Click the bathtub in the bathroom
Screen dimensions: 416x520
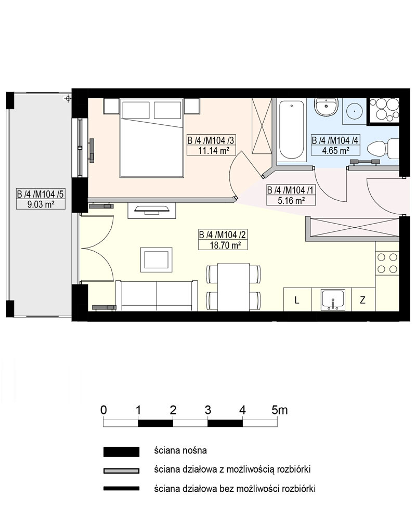tap(292, 131)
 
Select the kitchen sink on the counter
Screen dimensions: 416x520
tap(333, 299)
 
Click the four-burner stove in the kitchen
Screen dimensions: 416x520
tap(387, 263)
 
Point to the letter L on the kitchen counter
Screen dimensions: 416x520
tap(297, 301)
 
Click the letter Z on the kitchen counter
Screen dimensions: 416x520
tap(362, 300)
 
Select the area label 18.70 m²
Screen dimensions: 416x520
tap(223, 245)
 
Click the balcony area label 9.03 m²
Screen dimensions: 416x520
tap(41, 204)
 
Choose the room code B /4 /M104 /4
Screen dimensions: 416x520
tap(335, 140)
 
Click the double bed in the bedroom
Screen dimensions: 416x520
tap(152, 138)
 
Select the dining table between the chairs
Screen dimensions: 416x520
tap(233, 287)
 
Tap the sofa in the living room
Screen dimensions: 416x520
tap(157, 295)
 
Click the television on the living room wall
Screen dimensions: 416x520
tap(152, 209)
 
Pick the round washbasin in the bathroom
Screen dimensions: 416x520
tap(355, 110)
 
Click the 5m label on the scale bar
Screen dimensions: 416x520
tap(279, 410)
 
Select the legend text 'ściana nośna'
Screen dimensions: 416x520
tap(180, 451)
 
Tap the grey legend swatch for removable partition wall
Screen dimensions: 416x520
tap(121, 471)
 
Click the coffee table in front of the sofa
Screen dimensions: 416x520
tap(156, 259)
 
